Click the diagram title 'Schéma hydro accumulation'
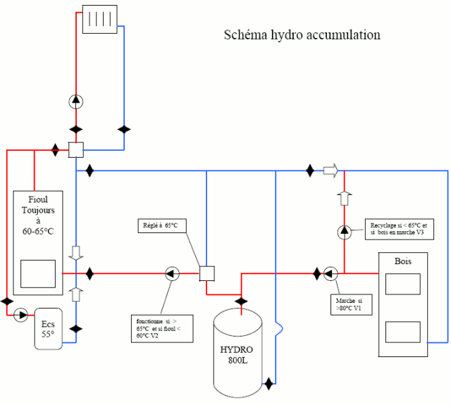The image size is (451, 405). click(302, 35)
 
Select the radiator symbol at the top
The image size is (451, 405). click(100, 19)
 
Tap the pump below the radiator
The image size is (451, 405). click(76, 101)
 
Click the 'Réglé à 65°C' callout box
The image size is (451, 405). click(162, 226)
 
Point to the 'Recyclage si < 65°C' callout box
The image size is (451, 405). click(400, 229)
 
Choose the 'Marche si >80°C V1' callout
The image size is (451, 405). click(352, 305)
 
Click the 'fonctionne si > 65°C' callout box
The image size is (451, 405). click(162, 329)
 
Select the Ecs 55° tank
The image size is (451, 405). click(49, 329)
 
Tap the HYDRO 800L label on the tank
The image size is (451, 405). click(237, 355)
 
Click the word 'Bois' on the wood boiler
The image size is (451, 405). click(402, 261)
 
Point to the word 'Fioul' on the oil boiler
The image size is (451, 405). click(38, 199)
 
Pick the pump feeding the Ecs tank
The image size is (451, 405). click(20, 315)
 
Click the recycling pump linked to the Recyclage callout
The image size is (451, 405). click(345, 232)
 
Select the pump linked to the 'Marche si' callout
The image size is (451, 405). click(330, 274)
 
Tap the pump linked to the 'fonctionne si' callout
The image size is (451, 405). click(172, 274)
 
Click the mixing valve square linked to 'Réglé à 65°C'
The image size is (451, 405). click(207, 274)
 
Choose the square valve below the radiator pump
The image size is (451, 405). click(76, 150)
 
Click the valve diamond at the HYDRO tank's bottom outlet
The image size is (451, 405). click(268, 384)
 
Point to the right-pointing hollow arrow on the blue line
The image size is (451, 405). click(330, 170)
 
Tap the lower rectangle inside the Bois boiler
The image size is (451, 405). click(402, 332)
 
